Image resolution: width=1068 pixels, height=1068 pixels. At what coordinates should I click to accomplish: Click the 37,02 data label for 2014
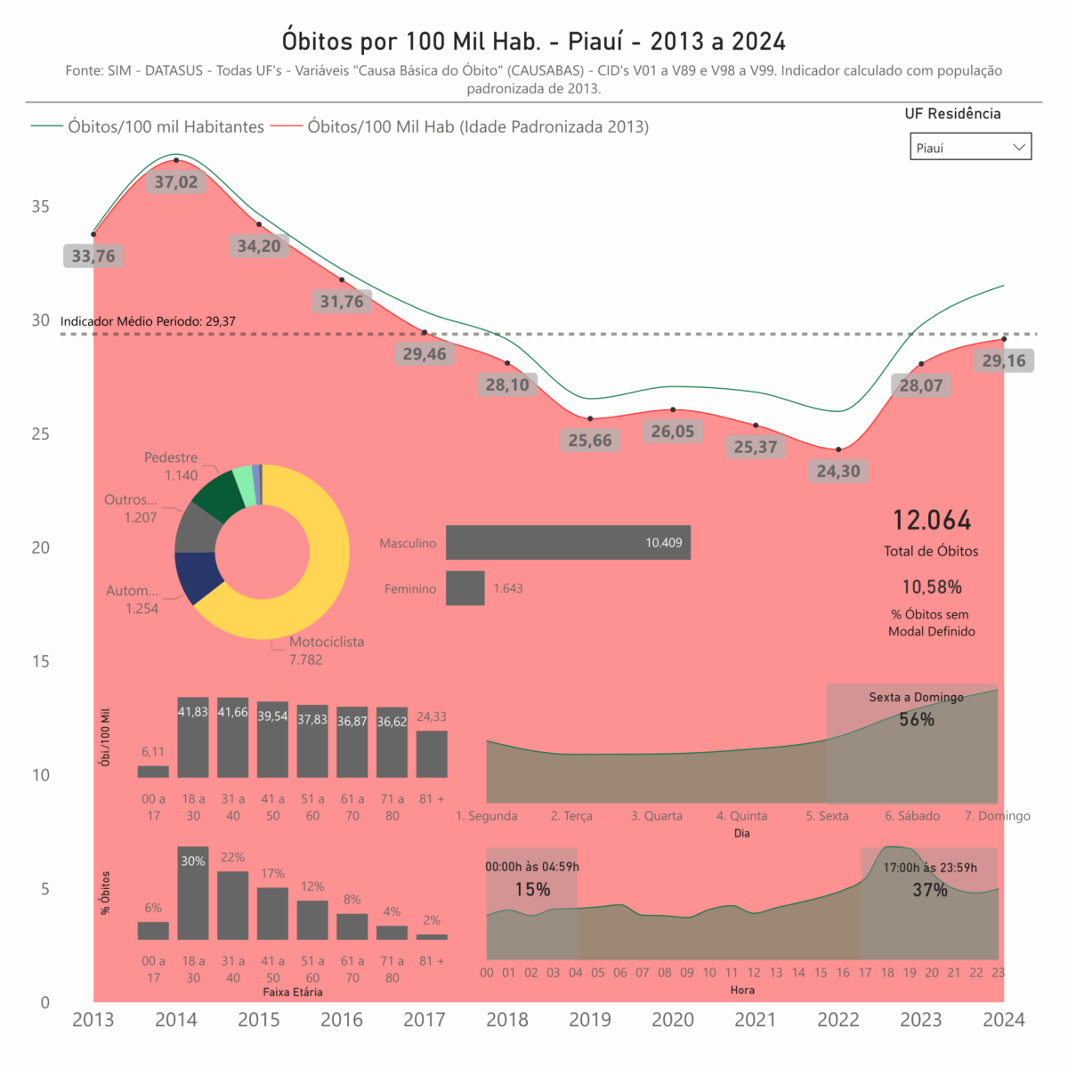pyautogui.click(x=176, y=182)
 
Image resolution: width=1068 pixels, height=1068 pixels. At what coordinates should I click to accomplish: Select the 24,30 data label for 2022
pyautogui.click(x=838, y=471)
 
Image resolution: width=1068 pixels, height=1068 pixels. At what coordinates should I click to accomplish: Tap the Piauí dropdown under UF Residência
pyautogui.click(x=970, y=147)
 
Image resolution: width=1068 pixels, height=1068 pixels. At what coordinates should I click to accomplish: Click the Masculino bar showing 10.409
pyautogui.click(x=568, y=543)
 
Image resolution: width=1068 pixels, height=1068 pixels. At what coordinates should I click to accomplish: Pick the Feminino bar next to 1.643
pyautogui.click(x=465, y=588)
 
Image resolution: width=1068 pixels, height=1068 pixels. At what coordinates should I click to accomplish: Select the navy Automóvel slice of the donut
pyautogui.click(x=197, y=576)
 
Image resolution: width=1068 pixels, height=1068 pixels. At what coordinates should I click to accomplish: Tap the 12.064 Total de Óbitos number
pyautogui.click(x=932, y=521)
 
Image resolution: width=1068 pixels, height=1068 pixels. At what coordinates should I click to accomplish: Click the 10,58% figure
pyautogui.click(x=932, y=587)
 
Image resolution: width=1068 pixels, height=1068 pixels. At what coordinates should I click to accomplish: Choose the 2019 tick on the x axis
pyautogui.click(x=590, y=1020)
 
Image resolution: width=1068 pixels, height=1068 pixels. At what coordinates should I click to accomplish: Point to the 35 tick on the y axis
pyautogui.click(x=41, y=206)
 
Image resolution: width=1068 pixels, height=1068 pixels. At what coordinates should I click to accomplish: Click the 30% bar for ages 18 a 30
pyautogui.click(x=193, y=894)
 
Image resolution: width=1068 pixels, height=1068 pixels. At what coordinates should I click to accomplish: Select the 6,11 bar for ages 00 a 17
pyautogui.click(x=153, y=772)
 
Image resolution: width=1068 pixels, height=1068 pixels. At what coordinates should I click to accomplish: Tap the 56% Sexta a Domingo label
pyautogui.click(x=917, y=719)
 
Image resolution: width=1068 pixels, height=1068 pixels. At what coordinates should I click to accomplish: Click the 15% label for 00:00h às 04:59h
pyautogui.click(x=532, y=889)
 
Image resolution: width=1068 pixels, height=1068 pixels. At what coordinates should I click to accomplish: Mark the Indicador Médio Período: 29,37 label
pyautogui.click(x=148, y=321)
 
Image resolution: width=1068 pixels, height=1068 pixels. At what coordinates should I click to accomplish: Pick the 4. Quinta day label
pyautogui.click(x=741, y=816)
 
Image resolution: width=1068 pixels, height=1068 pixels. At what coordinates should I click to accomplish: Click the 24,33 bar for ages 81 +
pyautogui.click(x=432, y=755)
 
